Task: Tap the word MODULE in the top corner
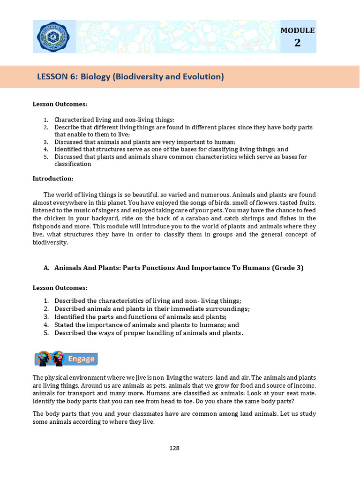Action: [x=297, y=30]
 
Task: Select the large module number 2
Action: [x=297, y=43]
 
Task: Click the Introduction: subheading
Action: [x=53, y=179]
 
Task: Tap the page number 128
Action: [x=174, y=448]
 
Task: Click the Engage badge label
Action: [x=82, y=359]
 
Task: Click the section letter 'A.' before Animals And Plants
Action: [x=46, y=268]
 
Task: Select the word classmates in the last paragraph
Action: [x=132, y=414]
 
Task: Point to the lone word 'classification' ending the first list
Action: [x=73, y=164]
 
